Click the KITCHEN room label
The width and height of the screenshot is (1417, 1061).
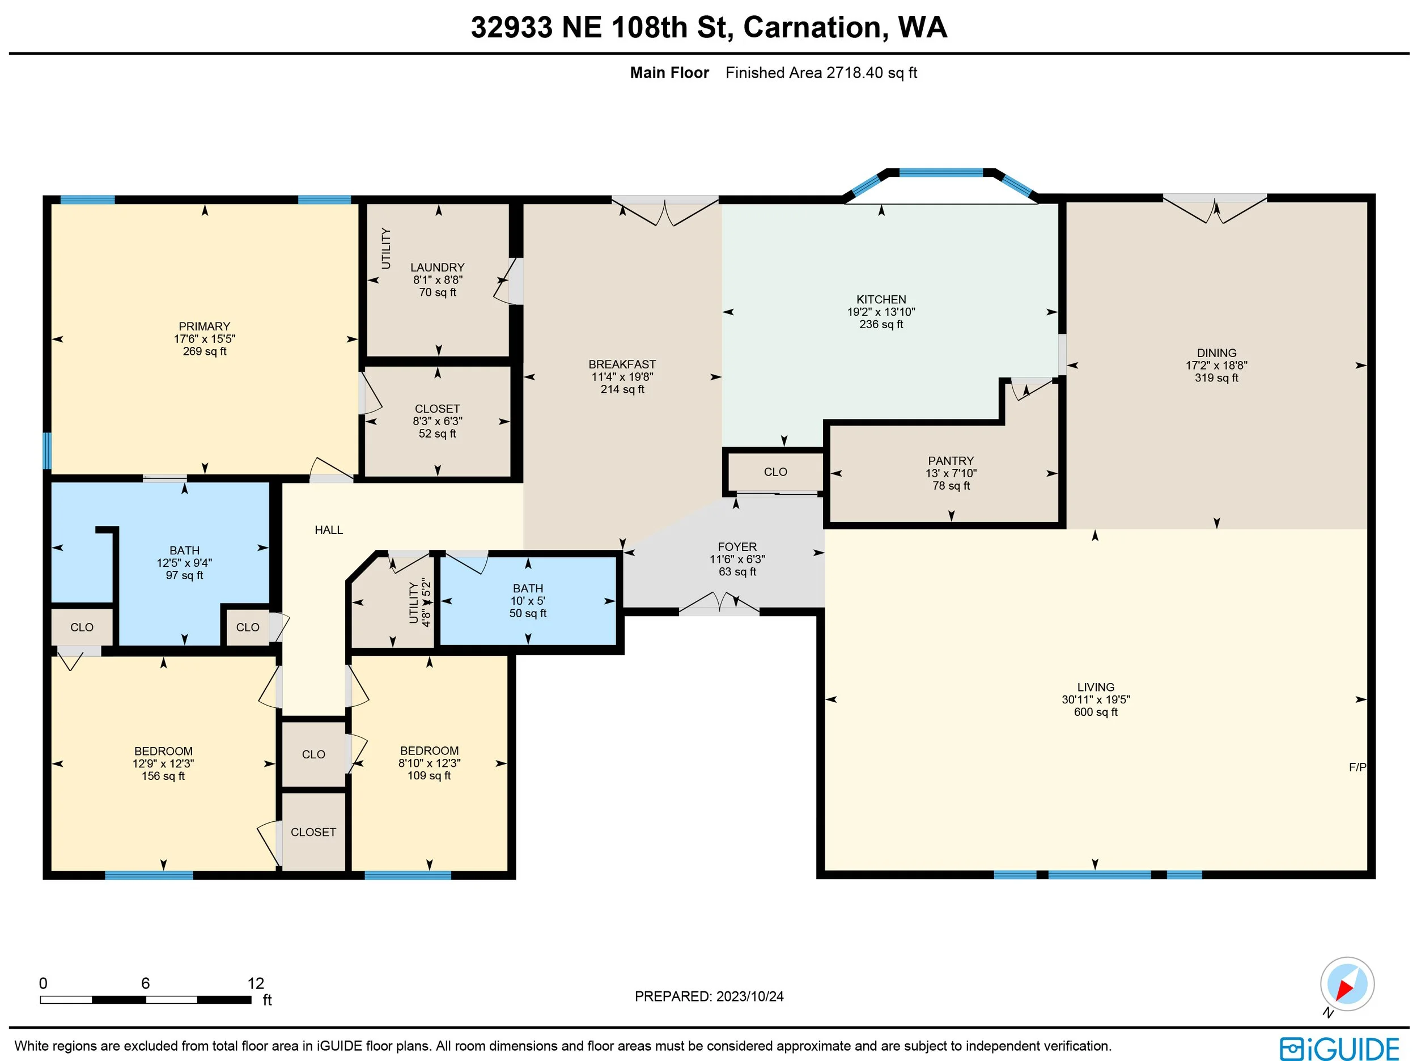[x=881, y=299]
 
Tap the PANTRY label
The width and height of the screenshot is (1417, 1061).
[x=951, y=461]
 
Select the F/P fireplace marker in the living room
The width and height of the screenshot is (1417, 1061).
[x=1357, y=767]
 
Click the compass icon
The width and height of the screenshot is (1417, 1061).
[x=1347, y=983]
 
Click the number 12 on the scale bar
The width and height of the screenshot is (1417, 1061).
[x=256, y=983]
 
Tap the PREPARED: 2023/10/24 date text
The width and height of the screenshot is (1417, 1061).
[x=709, y=996]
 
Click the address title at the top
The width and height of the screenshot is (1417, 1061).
[x=708, y=27]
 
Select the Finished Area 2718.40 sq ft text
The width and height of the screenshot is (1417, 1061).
[x=821, y=73]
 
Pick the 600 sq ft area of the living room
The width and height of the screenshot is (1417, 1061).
[x=1096, y=712]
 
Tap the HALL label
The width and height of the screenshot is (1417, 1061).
[x=329, y=530]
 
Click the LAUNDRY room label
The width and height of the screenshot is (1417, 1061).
[x=438, y=267]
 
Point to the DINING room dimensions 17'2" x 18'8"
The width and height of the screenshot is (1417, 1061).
[x=1216, y=365]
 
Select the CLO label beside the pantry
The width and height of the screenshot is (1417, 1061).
[x=775, y=472]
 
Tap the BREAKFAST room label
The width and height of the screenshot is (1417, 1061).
[x=622, y=364]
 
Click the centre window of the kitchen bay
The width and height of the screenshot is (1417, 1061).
[x=941, y=172]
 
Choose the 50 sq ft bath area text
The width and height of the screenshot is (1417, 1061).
[x=528, y=613]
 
